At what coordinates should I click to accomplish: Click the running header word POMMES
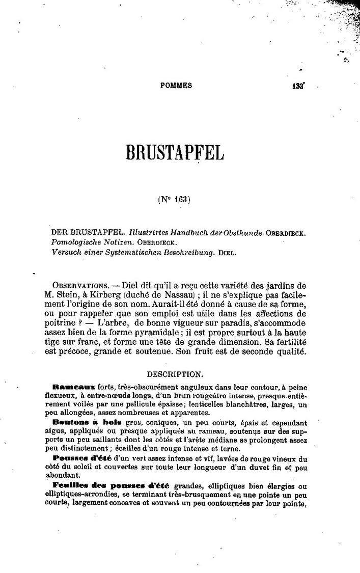point(176,86)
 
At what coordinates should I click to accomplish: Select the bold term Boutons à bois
point(79,422)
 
